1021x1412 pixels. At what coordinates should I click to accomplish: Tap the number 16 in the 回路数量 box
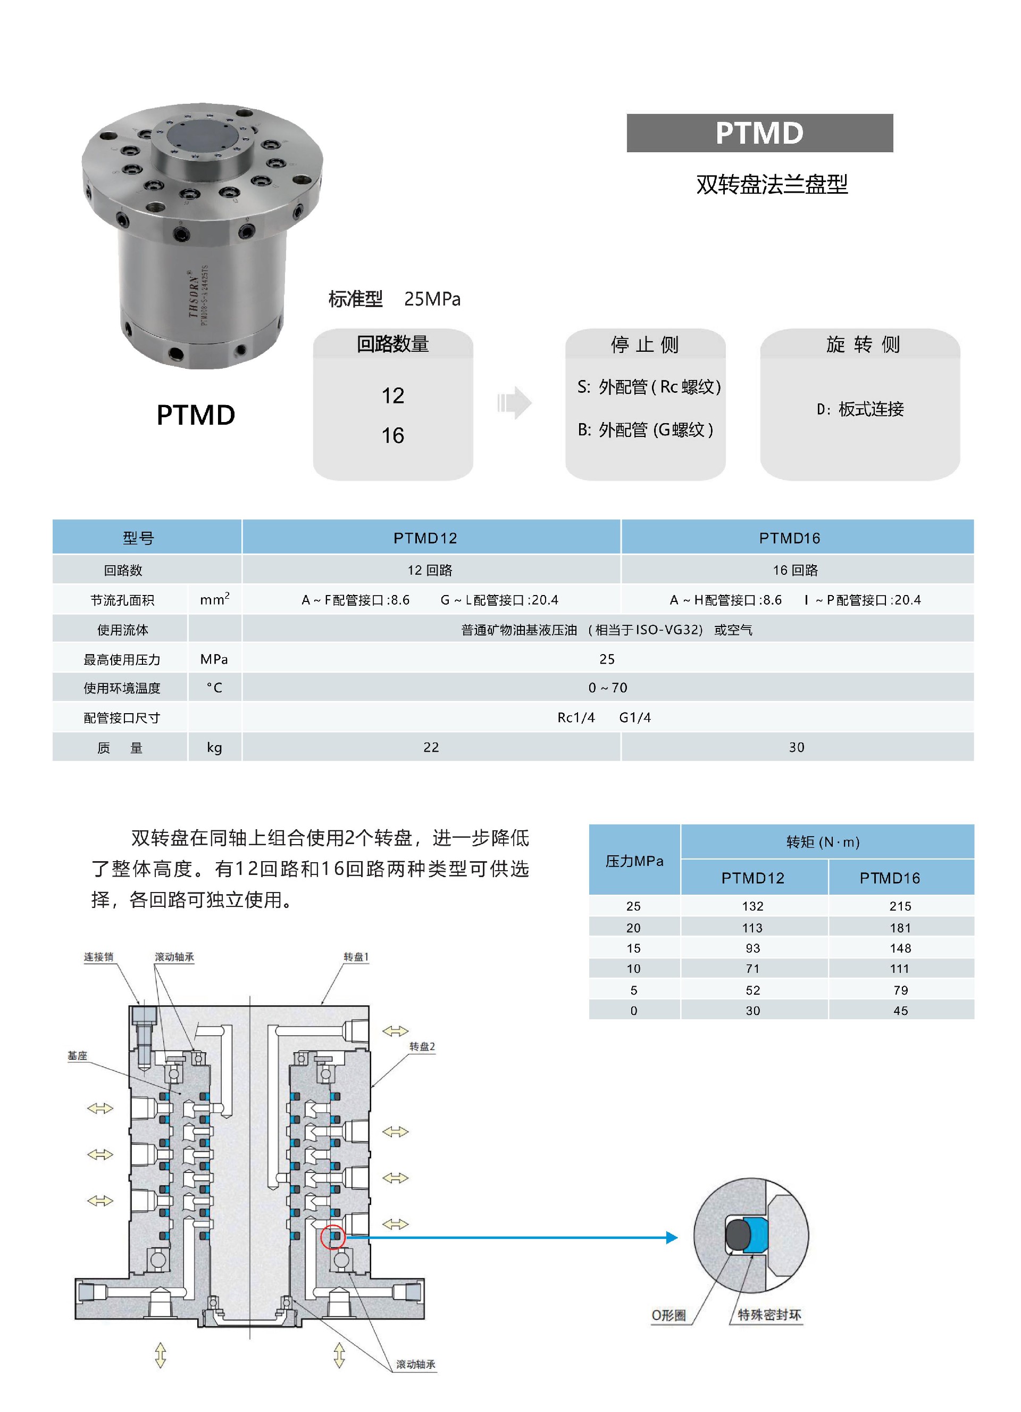coord(392,435)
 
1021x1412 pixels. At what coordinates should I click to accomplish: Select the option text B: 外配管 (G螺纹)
coord(645,430)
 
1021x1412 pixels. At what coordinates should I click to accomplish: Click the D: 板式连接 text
coord(860,409)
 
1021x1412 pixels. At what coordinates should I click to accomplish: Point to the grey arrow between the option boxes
coord(515,403)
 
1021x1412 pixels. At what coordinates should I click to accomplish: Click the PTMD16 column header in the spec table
coord(790,538)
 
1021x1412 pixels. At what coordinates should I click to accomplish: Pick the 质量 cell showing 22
coord(431,747)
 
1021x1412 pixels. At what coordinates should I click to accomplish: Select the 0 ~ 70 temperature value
coord(607,687)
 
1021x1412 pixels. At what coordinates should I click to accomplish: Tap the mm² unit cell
coord(214,599)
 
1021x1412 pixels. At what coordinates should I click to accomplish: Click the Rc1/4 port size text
coord(575,717)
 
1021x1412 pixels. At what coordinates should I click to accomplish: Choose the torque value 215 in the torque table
coord(900,906)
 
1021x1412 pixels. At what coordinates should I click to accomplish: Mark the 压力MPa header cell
coord(634,861)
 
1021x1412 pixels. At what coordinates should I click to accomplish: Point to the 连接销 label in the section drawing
coord(98,957)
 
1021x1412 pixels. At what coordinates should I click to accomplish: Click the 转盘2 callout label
coord(422,1046)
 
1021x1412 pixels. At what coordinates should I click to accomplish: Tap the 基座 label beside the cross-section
coord(77,1055)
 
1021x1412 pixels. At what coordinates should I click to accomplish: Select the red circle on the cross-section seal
coord(333,1236)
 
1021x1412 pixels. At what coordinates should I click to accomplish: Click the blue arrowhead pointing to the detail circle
coord(672,1237)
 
